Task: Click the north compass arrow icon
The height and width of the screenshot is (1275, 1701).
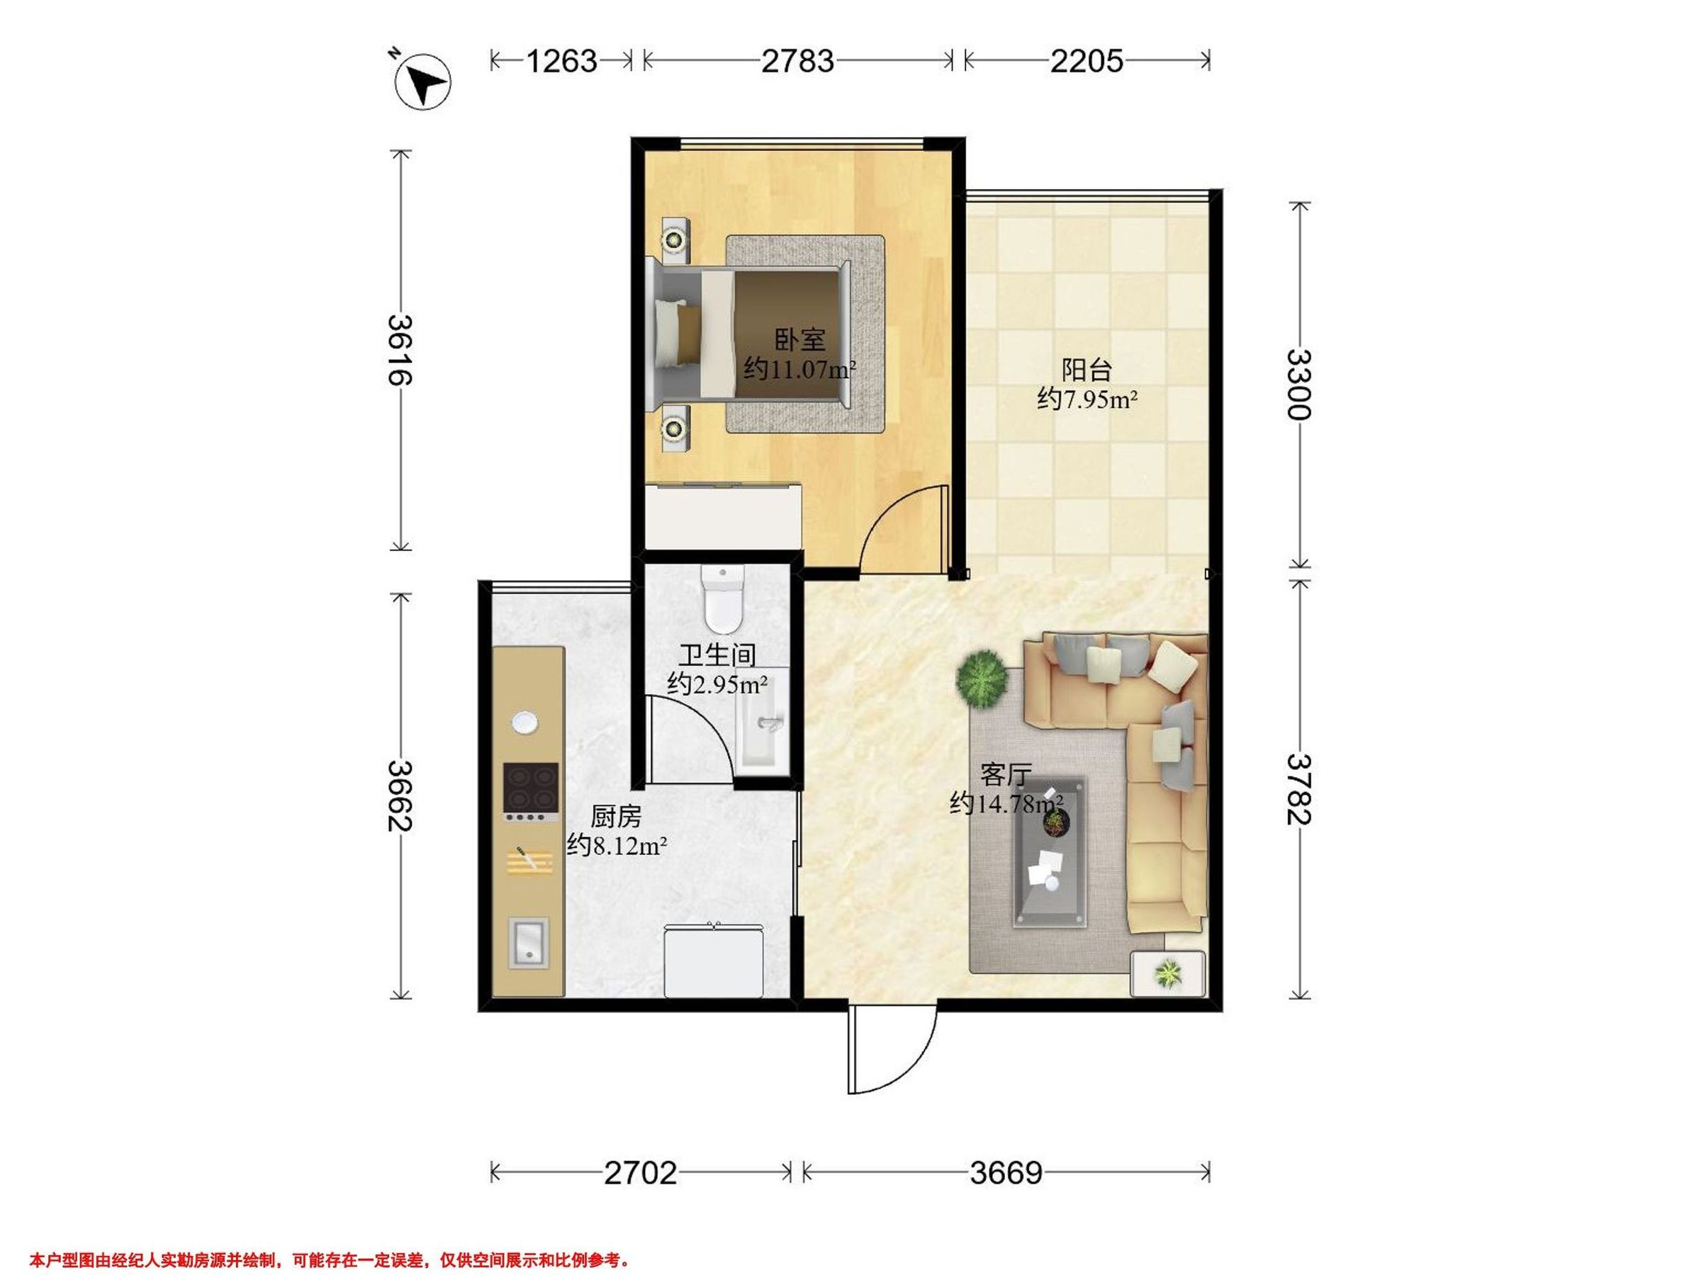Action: point(422,81)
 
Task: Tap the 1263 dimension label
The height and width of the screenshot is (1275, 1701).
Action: point(561,61)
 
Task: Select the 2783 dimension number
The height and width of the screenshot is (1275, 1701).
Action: point(797,61)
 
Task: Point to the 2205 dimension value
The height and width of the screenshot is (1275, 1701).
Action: point(1087,61)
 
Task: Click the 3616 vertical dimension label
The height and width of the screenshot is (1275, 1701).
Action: point(400,350)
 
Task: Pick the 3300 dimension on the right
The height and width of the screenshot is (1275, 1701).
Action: point(1299,384)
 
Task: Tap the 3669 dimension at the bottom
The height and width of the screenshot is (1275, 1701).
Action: point(1006,1174)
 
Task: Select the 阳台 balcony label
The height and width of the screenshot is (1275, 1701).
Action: point(1087,370)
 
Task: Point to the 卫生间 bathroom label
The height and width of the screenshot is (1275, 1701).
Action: point(717,654)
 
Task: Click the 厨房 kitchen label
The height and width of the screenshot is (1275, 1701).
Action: point(616,816)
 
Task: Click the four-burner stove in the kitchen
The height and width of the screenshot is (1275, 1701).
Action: point(531,793)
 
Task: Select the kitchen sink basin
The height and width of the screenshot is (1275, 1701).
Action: point(529,943)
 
